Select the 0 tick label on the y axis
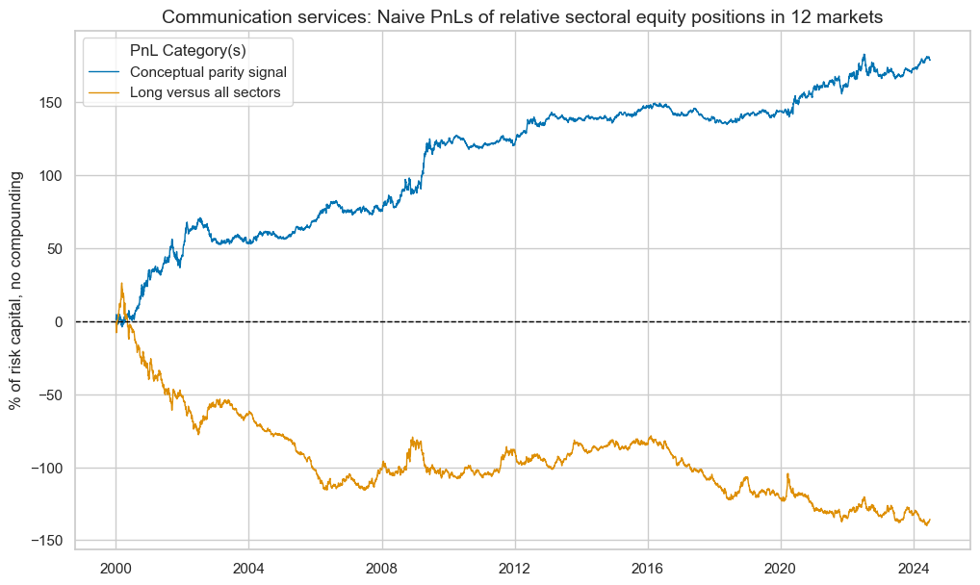pyautogui.click(x=61, y=322)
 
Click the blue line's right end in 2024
pyautogui.click(x=930, y=60)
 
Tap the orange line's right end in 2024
pyautogui.click(x=930, y=520)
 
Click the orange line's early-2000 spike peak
pyautogui.click(x=121, y=283)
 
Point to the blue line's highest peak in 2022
pyautogui.click(x=864, y=55)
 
